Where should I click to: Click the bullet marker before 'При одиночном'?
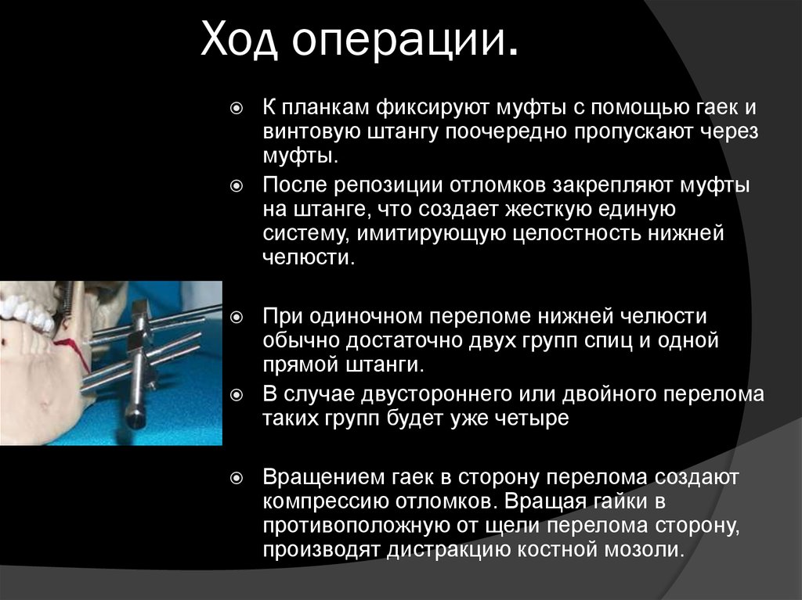pyautogui.click(x=237, y=318)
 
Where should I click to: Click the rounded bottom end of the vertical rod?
pyautogui.click(x=135, y=419)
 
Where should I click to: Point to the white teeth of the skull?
pyautogui.click(x=28, y=310)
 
